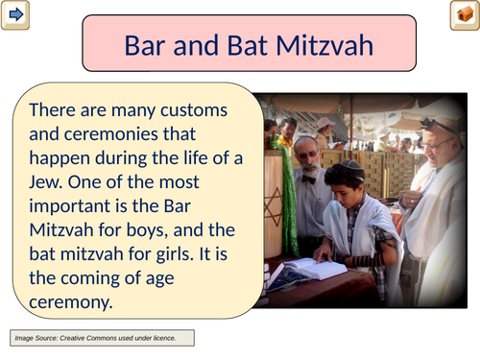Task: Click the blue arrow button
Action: [15, 15]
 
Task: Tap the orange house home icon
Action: [465, 15]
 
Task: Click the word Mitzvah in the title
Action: [324, 46]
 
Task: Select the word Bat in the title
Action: [247, 46]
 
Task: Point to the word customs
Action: [194, 110]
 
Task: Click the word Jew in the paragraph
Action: [44, 182]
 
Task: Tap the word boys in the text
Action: [147, 230]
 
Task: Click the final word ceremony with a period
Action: [71, 302]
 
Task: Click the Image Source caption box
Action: [102, 338]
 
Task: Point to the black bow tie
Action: [309, 180]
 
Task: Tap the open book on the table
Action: [315, 268]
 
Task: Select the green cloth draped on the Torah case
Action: [286, 195]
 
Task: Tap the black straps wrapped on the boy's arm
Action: [368, 261]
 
